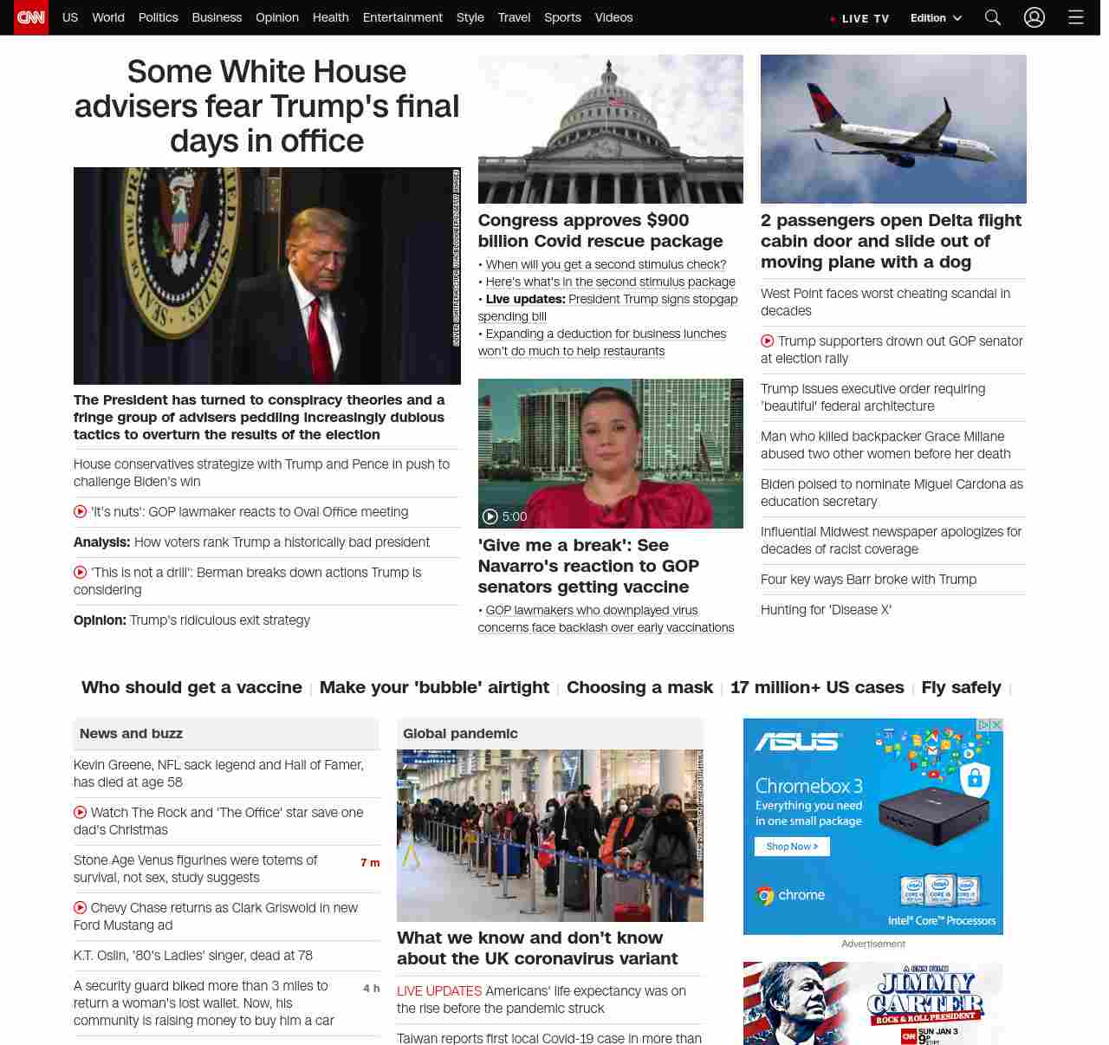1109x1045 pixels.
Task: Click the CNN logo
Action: pos(31,17)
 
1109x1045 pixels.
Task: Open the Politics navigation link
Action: pos(158,17)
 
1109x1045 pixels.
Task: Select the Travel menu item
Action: pos(514,17)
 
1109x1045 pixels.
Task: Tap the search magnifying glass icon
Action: pos(993,17)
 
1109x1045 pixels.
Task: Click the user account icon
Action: pos(1034,17)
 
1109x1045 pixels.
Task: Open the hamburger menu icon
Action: pos(1076,17)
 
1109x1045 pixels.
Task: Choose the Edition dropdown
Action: pos(936,18)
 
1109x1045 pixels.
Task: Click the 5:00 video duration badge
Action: pos(505,516)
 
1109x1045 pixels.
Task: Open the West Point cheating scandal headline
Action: pos(885,302)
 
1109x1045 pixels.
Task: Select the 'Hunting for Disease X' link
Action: pos(826,610)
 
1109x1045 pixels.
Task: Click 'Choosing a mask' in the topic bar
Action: pos(639,688)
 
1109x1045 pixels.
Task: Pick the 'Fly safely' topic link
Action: pos(961,688)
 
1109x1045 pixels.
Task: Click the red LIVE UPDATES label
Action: pos(439,991)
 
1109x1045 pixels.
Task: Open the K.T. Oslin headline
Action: pos(193,956)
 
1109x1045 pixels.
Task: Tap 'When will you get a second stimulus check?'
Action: pos(606,264)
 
